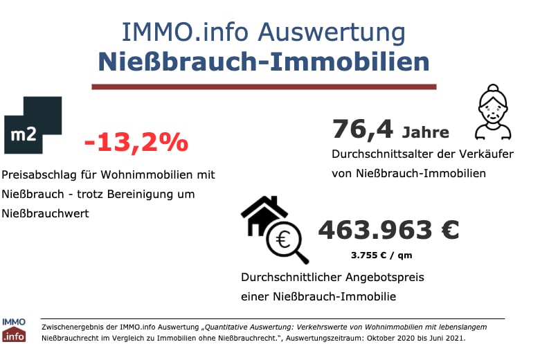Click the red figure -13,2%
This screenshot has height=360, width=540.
(x=136, y=142)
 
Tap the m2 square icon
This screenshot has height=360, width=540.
(x=33, y=125)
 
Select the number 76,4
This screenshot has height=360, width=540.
(x=363, y=129)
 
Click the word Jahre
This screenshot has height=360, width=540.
(x=426, y=132)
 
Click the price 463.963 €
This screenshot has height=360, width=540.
(x=388, y=230)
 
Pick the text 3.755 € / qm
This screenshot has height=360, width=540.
(x=381, y=255)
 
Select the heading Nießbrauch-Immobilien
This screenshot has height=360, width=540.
(x=264, y=61)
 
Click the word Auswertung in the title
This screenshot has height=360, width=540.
(x=339, y=32)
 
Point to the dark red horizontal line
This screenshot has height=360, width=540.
(x=264, y=87)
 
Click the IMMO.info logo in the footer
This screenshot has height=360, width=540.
(x=14, y=331)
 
